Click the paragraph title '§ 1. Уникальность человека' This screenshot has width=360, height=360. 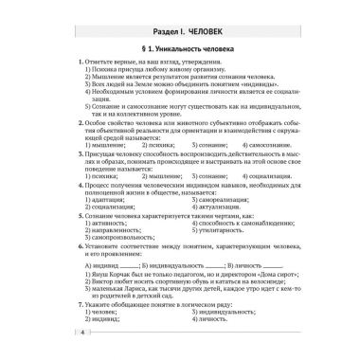tap(179, 48)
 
